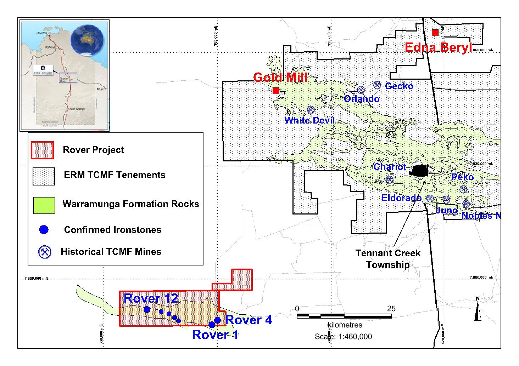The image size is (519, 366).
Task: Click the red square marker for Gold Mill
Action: (x=276, y=91)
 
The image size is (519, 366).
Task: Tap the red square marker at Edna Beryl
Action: (x=435, y=33)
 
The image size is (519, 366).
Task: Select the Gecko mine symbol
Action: (x=377, y=85)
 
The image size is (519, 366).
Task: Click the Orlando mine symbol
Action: (x=361, y=90)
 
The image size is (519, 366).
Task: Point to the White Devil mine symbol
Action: (x=311, y=109)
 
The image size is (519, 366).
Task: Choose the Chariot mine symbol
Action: (x=390, y=179)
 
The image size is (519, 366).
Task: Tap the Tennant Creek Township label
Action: (x=388, y=259)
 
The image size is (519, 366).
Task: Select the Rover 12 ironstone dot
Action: (x=147, y=309)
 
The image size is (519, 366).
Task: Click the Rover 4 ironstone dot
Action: (x=218, y=320)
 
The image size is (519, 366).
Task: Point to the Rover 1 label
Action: (x=215, y=335)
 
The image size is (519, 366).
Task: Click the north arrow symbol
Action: (x=478, y=309)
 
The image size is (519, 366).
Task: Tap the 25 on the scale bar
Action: (x=391, y=309)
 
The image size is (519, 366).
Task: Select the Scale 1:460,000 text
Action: (x=343, y=337)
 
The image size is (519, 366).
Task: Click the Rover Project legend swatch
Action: (x=42, y=150)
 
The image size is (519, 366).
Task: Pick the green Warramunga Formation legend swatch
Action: (x=44, y=205)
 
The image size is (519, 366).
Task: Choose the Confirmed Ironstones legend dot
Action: (x=44, y=230)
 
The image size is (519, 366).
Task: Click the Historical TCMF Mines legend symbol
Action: (x=45, y=252)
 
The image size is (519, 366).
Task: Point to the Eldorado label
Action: (x=401, y=198)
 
